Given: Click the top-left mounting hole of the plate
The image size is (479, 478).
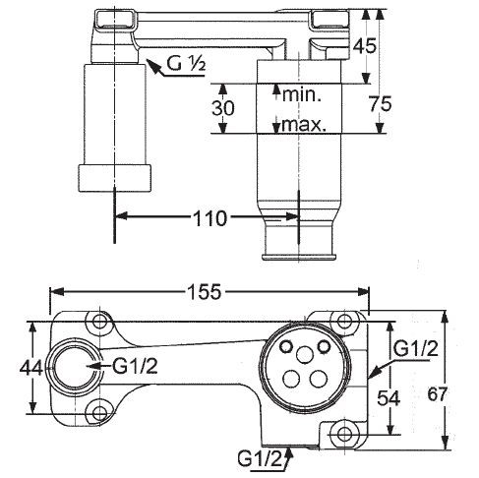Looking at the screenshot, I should tap(98, 321).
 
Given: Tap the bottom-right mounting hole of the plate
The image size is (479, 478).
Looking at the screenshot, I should tap(341, 434).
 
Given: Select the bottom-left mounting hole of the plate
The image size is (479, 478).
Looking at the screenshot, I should tap(98, 414).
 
